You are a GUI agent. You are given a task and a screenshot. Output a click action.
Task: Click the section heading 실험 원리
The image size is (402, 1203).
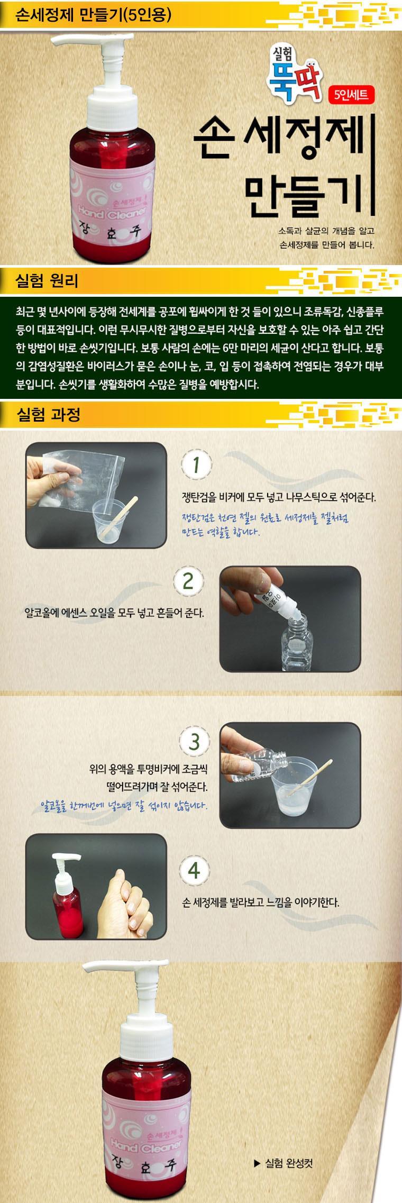[47, 281]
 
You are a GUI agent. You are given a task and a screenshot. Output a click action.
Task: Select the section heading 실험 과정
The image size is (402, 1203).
[48, 414]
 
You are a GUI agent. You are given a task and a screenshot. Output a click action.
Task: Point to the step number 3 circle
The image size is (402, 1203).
[195, 742]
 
